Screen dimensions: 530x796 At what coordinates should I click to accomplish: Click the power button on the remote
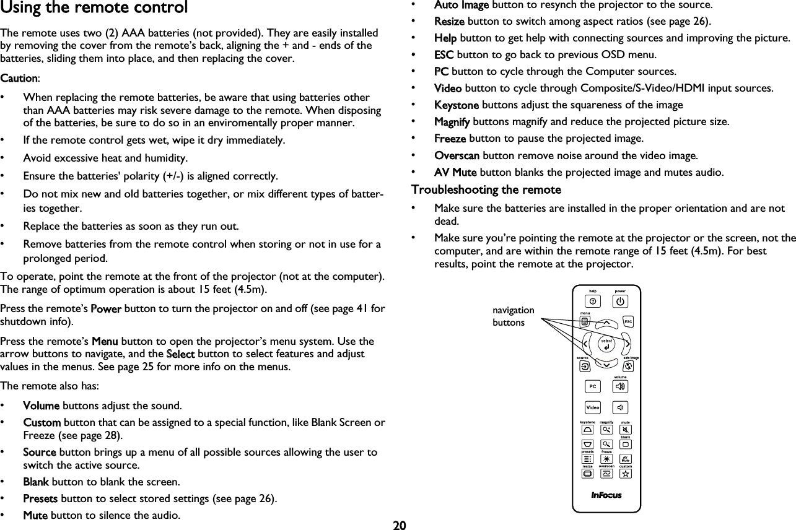[x=620, y=302]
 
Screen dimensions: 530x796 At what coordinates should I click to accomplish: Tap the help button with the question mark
[x=593, y=302]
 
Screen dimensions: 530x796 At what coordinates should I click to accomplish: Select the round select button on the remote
[x=606, y=344]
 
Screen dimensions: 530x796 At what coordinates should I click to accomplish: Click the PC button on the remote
[x=593, y=386]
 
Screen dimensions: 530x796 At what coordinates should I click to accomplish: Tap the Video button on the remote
[x=593, y=407]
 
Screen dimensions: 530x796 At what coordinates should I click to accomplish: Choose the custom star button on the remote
[x=626, y=474]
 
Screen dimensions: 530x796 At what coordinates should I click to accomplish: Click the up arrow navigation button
[x=606, y=323]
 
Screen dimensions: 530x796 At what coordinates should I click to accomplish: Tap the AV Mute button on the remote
[x=626, y=459]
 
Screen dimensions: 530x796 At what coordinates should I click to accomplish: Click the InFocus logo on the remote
[x=606, y=495]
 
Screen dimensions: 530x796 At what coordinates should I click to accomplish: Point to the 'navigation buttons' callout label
[x=513, y=316]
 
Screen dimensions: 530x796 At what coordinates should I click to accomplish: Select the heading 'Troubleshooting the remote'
[x=486, y=189]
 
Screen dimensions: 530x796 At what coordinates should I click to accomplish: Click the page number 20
[x=399, y=525]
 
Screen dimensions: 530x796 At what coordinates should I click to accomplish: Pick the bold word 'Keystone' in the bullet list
[x=456, y=105]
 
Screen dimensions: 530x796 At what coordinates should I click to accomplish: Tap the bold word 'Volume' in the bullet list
[x=42, y=406]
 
